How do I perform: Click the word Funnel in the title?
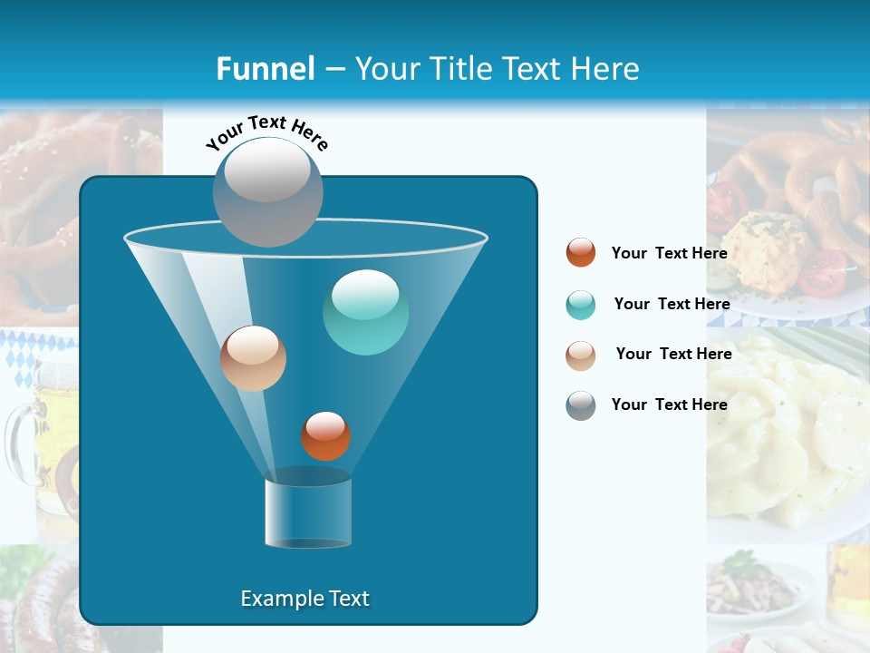coord(265,69)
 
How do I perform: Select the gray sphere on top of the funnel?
coord(267,190)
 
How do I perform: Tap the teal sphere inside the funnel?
coord(365,311)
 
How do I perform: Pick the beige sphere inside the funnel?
coord(253,358)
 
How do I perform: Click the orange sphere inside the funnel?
coord(325,436)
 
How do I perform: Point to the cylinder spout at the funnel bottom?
coord(308,512)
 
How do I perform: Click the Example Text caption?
coord(304,599)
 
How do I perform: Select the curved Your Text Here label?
coord(266,131)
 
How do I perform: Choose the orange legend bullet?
coord(581,253)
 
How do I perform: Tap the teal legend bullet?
coord(581,305)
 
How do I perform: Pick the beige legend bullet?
coord(581,356)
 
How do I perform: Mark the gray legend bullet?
coord(581,405)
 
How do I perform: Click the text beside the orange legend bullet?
coord(669,254)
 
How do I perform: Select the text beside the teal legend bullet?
coord(672,304)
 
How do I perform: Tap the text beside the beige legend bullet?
coord(673,354)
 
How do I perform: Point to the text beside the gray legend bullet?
coord(669,404)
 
